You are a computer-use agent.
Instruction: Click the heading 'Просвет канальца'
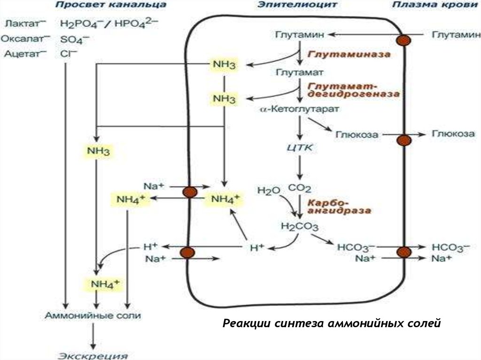point(110,5)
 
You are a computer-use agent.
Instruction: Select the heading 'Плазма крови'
point(429,5)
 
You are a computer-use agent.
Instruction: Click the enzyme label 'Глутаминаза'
point(349,54)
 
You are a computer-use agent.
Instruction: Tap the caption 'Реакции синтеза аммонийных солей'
point(332,323)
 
